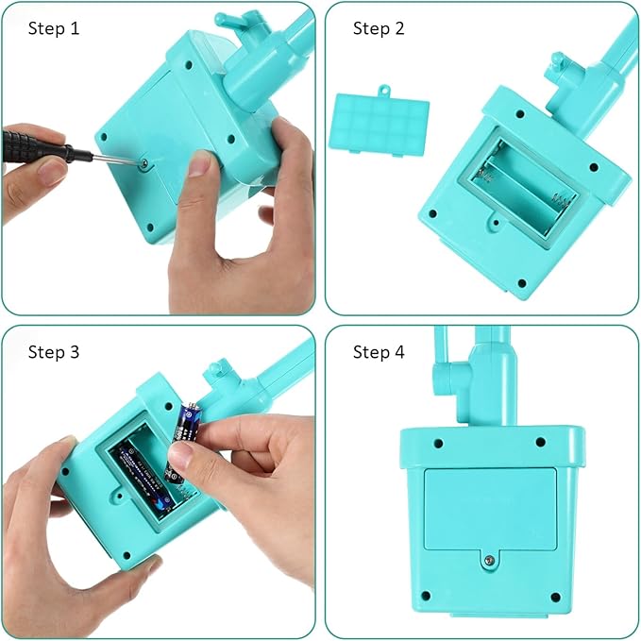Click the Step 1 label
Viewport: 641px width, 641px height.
(54, 28)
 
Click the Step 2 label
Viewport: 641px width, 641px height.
(379, 28)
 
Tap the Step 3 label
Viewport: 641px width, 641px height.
(54, 352)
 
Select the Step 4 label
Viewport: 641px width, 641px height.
(379, 352)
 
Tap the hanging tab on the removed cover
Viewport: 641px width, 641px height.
(384, 92)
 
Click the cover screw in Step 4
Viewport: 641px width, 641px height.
(487, 559)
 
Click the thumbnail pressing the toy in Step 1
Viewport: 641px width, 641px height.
(200, 166)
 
